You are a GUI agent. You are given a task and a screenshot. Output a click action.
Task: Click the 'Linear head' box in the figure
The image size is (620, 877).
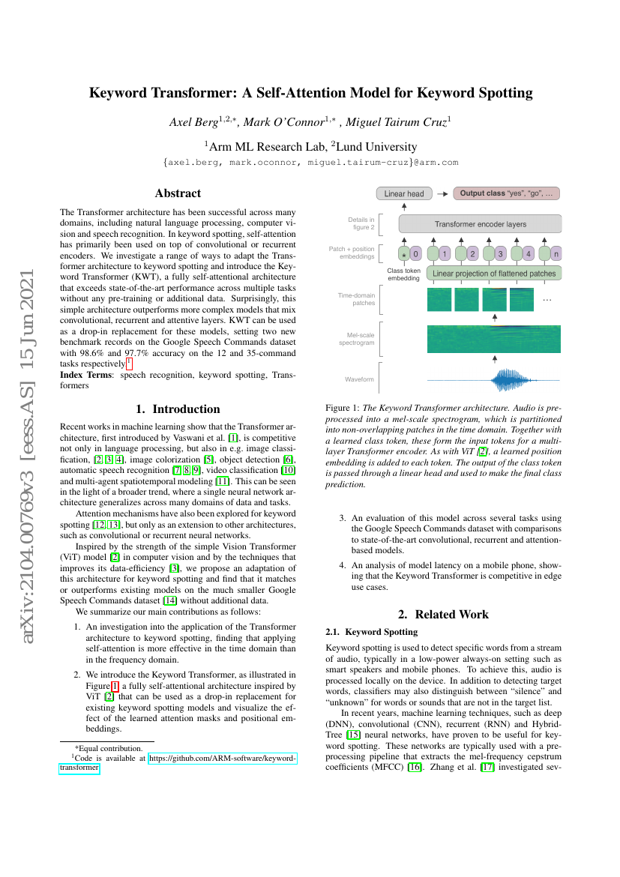404,193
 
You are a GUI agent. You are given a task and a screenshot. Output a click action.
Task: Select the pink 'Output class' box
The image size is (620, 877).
507,193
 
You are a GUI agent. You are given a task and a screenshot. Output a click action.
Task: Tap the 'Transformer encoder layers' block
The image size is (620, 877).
480,223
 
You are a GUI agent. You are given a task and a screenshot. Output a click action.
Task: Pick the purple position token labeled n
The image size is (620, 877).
556,254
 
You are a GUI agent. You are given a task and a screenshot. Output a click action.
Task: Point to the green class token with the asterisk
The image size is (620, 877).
405,254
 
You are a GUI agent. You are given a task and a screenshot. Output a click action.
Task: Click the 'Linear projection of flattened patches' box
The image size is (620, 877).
494,274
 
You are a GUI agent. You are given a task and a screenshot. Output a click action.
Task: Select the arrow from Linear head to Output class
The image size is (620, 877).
442,193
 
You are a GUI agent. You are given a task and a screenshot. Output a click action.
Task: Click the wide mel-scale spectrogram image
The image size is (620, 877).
494,338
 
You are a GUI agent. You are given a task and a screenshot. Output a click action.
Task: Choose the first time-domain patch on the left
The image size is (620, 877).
439,300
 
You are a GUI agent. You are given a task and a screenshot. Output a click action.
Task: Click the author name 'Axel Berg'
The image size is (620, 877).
196,121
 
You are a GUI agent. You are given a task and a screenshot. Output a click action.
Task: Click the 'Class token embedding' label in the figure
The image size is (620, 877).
404,274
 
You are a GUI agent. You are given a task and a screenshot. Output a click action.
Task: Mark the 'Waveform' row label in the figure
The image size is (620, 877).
359,379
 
